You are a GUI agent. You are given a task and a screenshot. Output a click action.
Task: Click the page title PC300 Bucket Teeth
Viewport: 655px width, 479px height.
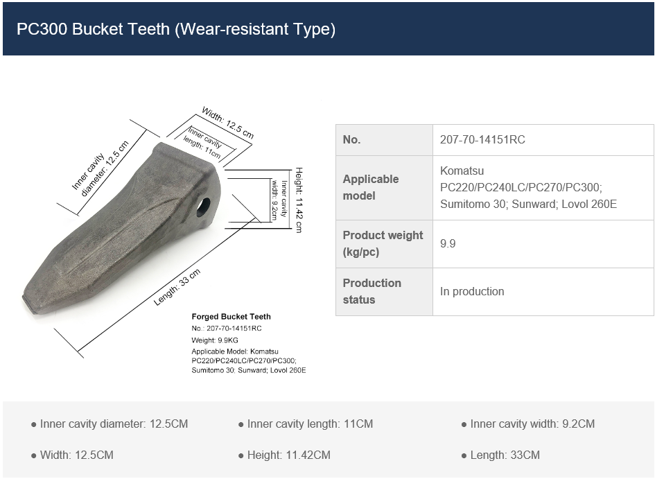[x=176, y=29]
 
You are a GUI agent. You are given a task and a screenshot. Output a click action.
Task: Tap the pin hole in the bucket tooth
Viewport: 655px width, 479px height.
[x=204, y=206]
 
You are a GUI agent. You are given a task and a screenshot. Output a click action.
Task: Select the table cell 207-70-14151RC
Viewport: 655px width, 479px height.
[x=482, y=139]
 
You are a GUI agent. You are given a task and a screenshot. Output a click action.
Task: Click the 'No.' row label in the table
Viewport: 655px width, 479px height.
[x=352, y=139]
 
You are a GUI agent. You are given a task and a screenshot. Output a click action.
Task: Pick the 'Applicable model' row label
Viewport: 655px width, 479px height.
[x=371, y=187]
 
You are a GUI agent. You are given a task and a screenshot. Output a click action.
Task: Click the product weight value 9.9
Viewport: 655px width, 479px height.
[x=448, y=244]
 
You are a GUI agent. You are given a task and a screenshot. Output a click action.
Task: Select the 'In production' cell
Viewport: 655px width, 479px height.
[x=472, y=291]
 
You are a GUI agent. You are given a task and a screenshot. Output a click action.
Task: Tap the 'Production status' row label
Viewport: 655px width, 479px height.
[x=372, y=291]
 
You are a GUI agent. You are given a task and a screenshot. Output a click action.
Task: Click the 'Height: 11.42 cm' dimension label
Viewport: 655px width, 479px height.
[x=299, y=200]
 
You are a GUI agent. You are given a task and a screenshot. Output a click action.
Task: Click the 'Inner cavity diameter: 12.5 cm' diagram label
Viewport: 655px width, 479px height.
[x=101, y=169]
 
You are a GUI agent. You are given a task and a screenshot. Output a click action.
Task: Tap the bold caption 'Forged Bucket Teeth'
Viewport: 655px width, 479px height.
[x=231, y=316]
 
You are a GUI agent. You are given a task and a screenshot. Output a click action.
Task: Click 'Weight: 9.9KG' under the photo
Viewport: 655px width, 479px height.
[x=214, y=340]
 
